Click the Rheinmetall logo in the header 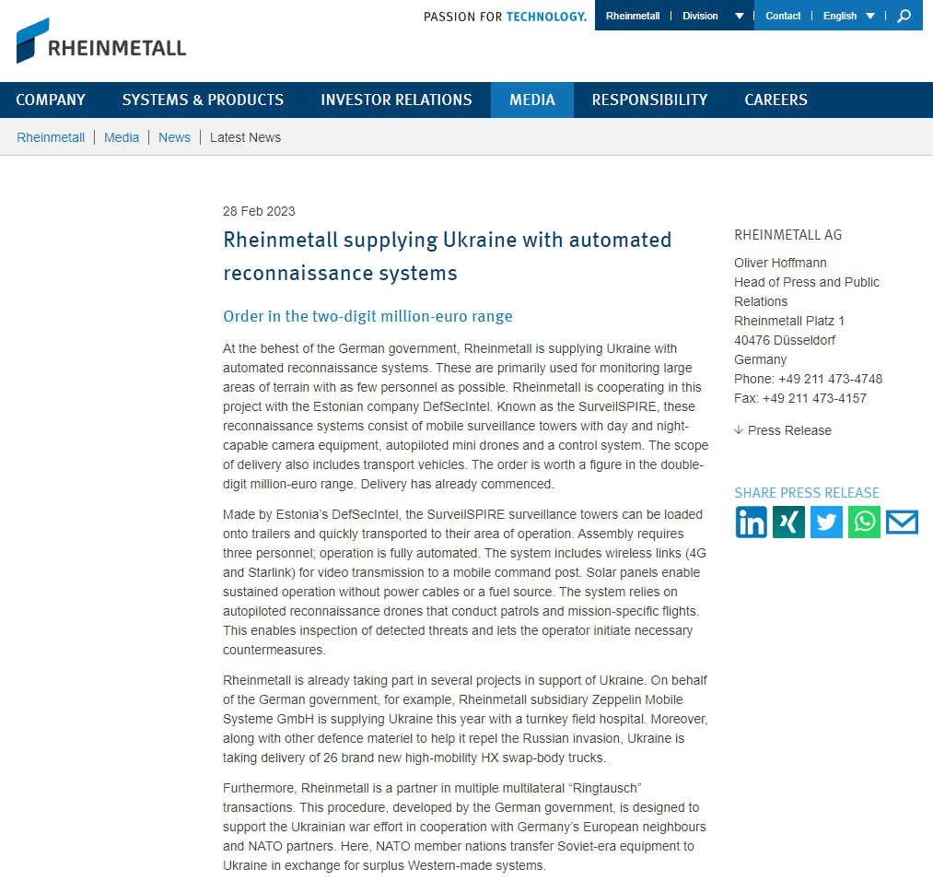101,41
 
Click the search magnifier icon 904,16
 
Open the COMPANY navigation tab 51,100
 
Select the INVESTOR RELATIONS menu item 396,100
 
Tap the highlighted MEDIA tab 531,100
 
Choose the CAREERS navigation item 776,100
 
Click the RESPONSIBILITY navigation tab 649,100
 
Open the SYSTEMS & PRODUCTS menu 203,100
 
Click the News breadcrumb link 174,137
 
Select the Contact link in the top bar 783,16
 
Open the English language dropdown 848,16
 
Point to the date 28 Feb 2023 259,211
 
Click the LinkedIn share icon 751,523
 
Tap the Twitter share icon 826,523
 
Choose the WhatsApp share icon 864,523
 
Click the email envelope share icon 902,523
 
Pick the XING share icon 788,523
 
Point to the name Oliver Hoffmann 780,263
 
